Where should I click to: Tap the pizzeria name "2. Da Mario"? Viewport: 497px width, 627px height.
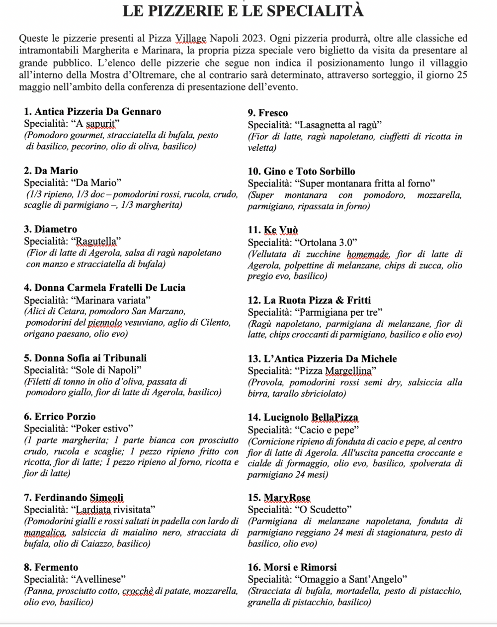click(x=51, y=171)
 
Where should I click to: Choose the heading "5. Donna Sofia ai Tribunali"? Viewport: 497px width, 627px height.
click(x=85, y=358)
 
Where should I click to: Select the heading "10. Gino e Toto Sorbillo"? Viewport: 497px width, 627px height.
click(x=302, y=172)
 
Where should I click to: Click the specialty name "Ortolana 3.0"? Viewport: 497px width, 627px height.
click(x=327, y=242)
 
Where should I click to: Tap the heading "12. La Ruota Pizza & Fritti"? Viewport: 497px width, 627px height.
click(x=309, y=300)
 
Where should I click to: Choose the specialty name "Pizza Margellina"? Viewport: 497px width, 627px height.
click(x=335, y=371)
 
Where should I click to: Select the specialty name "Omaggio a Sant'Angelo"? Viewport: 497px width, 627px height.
click(x=351, y=579)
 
